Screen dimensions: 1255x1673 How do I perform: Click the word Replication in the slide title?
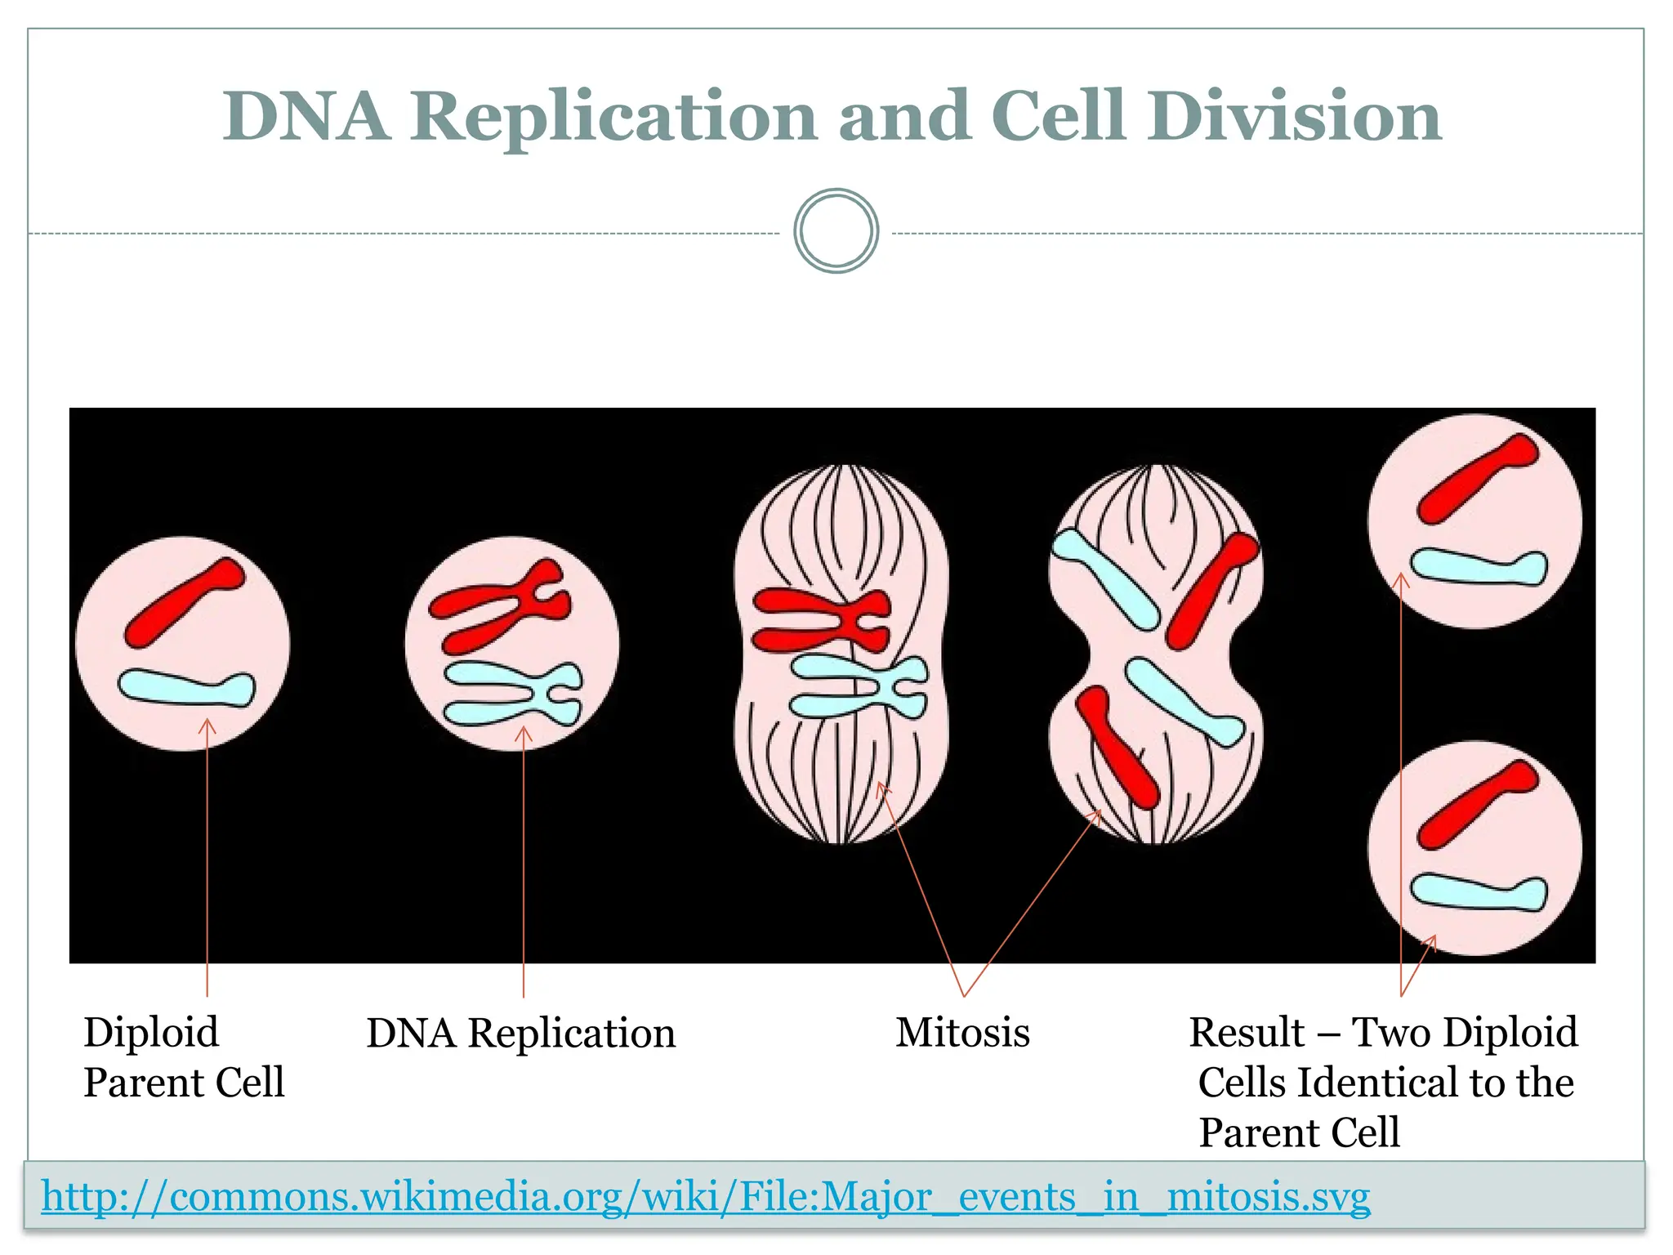613,117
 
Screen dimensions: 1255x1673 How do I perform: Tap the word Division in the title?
1294,117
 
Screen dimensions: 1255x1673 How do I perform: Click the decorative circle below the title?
836,231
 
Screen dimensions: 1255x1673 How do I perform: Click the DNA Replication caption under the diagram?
520,1033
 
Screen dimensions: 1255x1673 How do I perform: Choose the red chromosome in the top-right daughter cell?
1477,479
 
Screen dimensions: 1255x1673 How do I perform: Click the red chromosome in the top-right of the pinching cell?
1211,590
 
